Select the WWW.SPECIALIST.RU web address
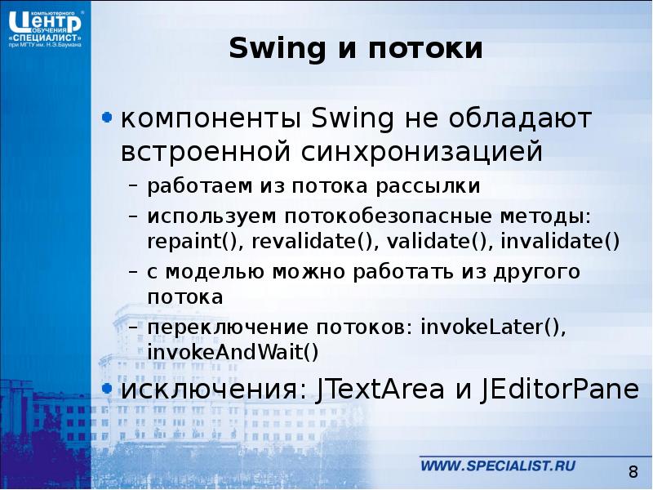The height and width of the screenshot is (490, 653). click(498, 465)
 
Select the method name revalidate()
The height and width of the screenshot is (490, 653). click(316, 242)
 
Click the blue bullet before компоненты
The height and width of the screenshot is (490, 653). click(106, 119)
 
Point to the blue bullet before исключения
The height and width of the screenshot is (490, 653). click(106, 387)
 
